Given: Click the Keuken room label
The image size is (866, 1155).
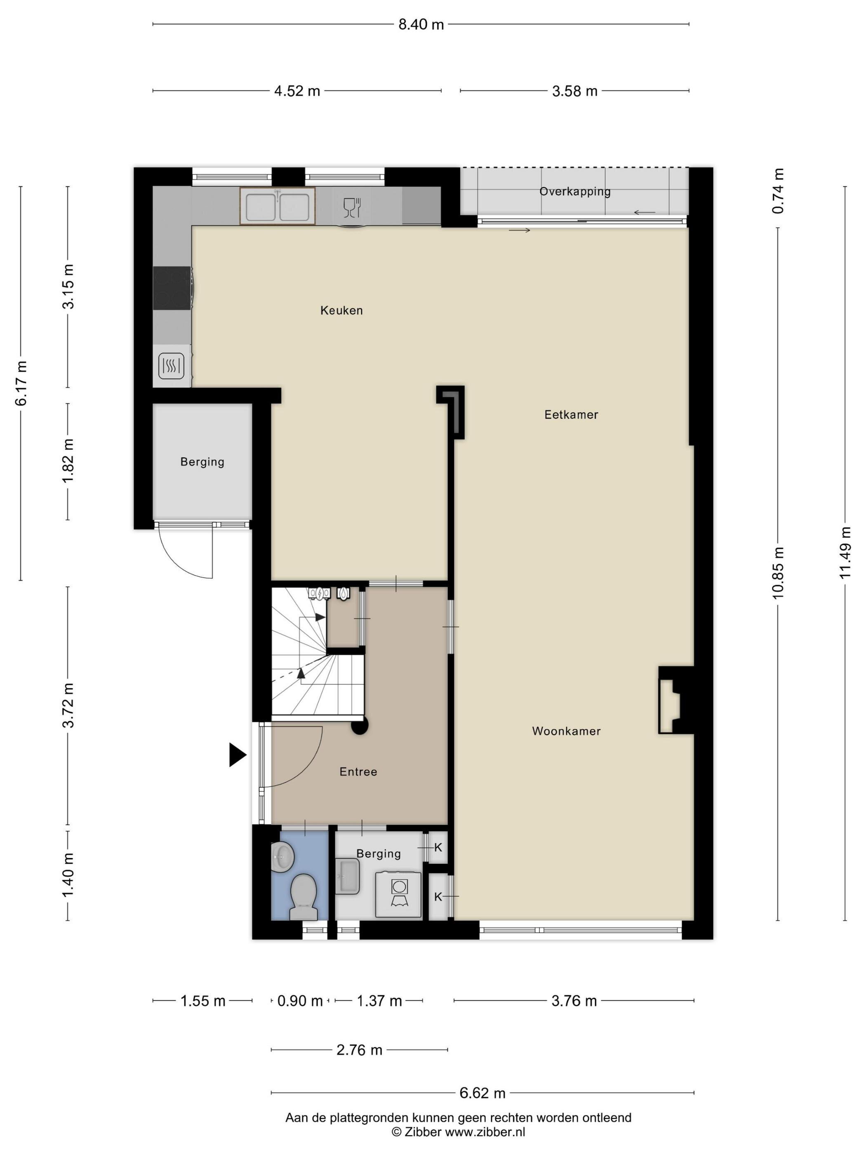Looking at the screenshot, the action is coord(341,310).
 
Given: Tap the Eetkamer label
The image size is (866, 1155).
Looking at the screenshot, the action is coord(571,415).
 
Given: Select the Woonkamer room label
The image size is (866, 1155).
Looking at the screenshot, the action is coord(566,731).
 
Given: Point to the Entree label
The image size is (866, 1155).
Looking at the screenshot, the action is coord(358,772).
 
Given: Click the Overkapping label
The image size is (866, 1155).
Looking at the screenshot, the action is coord(575,192).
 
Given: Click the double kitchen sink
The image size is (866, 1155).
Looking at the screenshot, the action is coord(278,206).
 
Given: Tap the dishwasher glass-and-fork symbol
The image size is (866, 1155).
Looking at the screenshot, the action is coord(352,207).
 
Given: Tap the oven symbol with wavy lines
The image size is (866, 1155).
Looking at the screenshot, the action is coord(171,365).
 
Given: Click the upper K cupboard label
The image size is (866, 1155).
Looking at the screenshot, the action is coord(438,847).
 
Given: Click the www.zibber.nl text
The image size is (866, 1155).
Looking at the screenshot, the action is coord(485,1132).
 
